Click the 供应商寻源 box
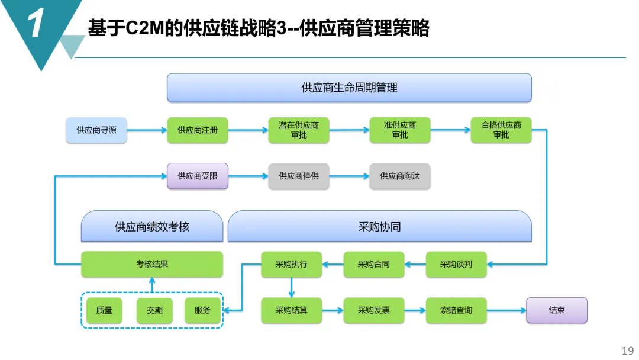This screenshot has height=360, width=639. [x=96, y=130]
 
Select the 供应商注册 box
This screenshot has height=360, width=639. [x=198, y=130]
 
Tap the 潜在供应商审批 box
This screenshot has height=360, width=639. [x=299, y=130]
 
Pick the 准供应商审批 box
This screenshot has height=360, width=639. [x=400, y=130]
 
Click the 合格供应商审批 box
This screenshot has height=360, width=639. [x=501, y=130]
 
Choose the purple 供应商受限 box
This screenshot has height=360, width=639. [x=198, y=176]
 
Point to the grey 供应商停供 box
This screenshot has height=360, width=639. [x=299, y=176]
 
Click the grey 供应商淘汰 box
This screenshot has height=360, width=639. [x=400, y=176]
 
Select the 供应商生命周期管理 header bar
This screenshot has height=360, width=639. [x=349, y=88]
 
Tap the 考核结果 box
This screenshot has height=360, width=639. [x=152, y=264]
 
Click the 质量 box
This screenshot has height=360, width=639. [x=104, y=310]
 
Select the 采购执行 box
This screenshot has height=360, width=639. [x=292, y=264]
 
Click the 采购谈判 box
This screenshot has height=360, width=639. [x=456, y=264]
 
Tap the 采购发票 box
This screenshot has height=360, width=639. [x=374, y=310]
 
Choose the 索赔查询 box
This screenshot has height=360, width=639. [x=456, y=310]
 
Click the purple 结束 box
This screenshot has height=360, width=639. [x=557, y=310]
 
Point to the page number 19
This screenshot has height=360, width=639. [x=627, y=351]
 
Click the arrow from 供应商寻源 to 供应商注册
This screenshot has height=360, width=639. [x=147, y=130]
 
